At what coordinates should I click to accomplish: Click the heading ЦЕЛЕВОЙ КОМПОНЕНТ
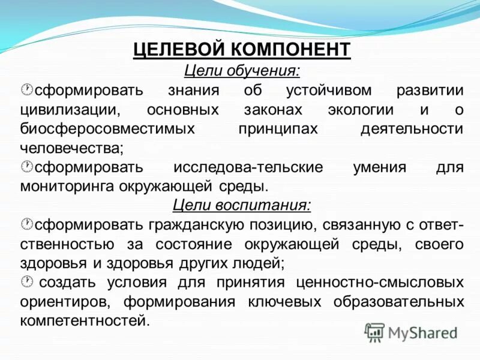tap(241, 49)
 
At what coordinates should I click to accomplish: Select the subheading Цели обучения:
tap(241, 70)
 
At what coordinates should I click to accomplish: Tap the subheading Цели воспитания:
tap(241, 205)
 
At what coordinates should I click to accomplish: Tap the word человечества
tap(71, 148)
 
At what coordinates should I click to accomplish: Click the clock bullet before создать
tap(26, 281)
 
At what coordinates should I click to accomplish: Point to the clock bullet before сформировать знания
tap(26, 90)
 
